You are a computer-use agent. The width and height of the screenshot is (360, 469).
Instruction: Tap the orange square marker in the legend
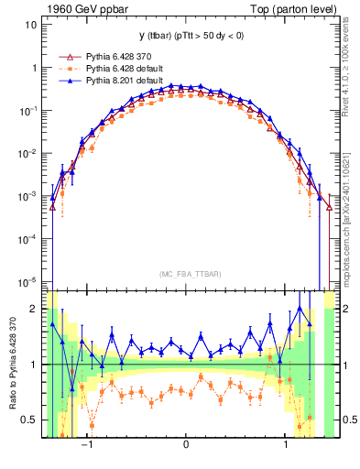(x=65, y=69)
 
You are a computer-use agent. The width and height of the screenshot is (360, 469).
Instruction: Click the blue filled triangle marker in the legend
(x=65, y=81)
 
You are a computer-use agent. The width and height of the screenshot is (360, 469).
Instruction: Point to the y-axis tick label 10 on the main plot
(x=30, y=26)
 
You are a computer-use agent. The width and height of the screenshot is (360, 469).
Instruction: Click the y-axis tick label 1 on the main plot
(x=34, y=69)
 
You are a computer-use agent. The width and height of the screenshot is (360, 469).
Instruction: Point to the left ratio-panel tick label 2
(x=34, y=310)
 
